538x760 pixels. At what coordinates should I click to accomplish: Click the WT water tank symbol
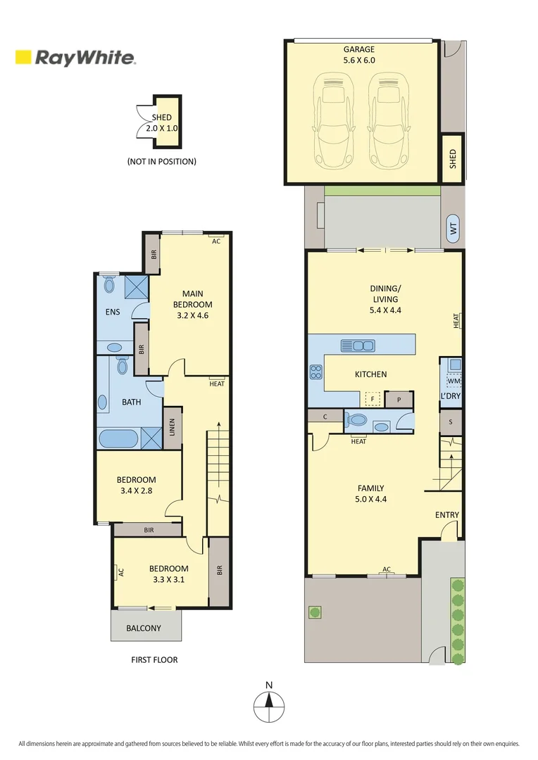[453, 229]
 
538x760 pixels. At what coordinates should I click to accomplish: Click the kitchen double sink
[358, 346]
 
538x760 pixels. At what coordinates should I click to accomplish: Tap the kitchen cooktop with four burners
[315, 372]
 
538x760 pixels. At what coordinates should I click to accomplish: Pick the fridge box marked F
[371, 399]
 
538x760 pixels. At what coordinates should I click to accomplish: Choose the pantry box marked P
[399, 399]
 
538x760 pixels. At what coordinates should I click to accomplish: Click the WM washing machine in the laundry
[453, 381]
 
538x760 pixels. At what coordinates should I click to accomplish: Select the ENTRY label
[446, 515]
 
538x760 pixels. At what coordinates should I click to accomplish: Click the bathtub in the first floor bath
[118, 439]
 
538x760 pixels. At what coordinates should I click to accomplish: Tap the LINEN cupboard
[172, 428]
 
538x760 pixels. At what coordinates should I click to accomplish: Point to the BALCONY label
[144, 628]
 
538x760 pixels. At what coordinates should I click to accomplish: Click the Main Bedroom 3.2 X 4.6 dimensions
[192, 315]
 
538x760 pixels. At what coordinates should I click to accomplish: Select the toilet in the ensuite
[108, 285]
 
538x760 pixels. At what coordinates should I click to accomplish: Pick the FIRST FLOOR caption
[154, 660]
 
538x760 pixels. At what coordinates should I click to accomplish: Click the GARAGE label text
[358, 49]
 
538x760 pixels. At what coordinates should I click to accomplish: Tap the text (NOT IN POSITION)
[161, 162]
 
